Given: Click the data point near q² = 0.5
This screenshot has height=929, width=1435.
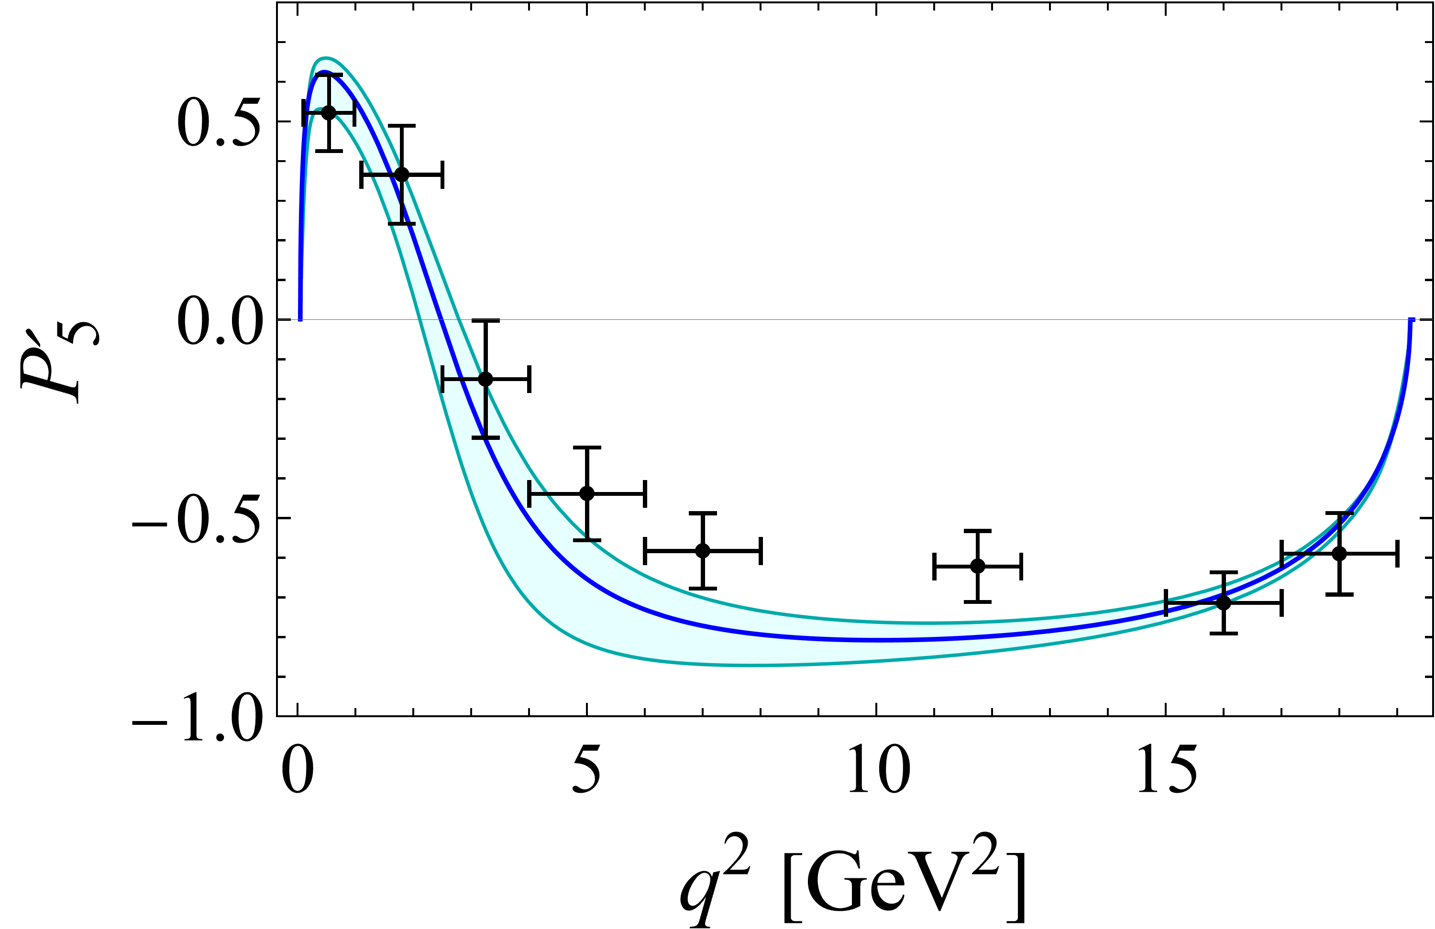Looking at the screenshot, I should tap(328, 113).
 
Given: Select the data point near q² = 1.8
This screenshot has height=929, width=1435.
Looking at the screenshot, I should tap(401, 175).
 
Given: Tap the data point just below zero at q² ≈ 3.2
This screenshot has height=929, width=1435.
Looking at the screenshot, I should tap(486, 379).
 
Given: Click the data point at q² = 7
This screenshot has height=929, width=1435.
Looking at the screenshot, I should tap(702, 550).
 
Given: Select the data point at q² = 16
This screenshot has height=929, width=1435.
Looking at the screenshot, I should tap(1224, 602).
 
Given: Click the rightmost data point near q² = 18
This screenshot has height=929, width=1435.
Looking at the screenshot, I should tap(1339, 553).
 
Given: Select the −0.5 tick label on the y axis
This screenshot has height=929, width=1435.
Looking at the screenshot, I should tap(197, 519).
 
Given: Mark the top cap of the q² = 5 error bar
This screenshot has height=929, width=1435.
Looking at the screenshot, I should tap(586, 448).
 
